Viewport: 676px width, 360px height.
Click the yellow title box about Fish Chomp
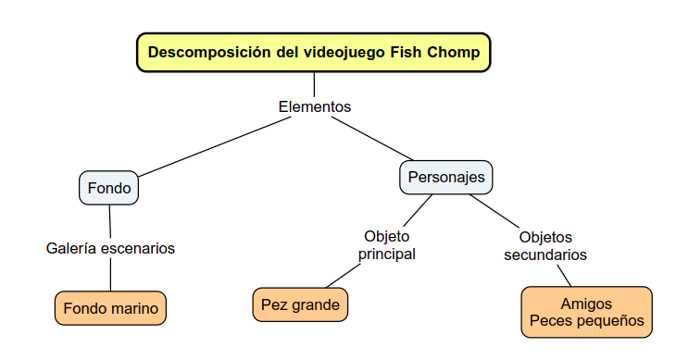click(x=313, y=53)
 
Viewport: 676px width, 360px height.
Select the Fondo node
click(x=109, y=189)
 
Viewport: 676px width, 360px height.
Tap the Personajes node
click(x=446, y=177)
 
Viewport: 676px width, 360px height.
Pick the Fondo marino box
click(x=110, y=308)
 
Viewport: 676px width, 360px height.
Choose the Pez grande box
click(x=300, y=304)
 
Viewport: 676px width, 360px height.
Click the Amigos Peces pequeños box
click(x=586, y=312)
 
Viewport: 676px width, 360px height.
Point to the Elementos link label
click(x=315, y=106)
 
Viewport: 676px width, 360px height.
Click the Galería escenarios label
click(x=110, y=248)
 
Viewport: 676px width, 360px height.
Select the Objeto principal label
click(x=387, y=244)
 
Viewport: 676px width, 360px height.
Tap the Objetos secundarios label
click(x=545, y=245)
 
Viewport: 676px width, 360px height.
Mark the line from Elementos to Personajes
click(x=380, y=139)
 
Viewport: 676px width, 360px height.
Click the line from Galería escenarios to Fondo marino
click(x=110, y=274)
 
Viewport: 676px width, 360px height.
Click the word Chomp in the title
click(x=454, y=53)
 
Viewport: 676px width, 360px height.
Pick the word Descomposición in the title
click(x=209, y=53)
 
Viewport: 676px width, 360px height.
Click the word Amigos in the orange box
click(x=586, y=304)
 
